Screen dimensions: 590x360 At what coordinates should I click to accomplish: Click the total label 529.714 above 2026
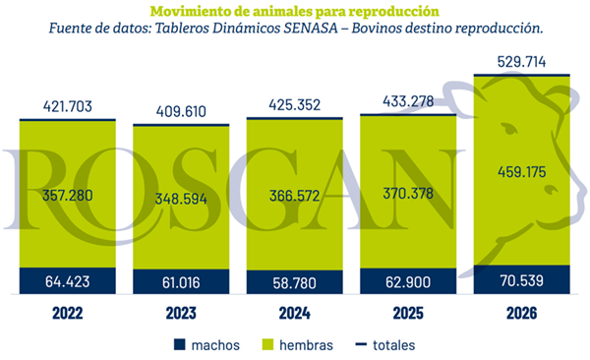(x=521, y=62)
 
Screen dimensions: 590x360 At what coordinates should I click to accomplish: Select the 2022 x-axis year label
(x=67, y=314)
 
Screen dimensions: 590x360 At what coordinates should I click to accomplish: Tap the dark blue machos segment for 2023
(x=181, y=281)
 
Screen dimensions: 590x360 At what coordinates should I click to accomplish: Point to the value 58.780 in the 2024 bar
(x=295, y=283)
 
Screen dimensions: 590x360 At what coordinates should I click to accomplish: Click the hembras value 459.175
(x=521, y=172)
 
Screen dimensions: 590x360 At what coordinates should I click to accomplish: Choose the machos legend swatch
(x=180, y=344)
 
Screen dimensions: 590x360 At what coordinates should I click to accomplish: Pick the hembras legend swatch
(x=267, y=344)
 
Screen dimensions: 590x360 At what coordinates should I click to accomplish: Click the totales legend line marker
(x=361, y=344)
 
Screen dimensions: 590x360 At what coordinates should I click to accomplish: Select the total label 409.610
(x=181, y=111)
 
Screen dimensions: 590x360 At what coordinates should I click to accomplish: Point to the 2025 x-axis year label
(x=408, y=314)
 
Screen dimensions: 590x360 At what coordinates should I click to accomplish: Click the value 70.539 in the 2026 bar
(x=521, y=281)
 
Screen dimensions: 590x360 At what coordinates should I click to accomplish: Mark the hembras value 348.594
(x=181, y=199)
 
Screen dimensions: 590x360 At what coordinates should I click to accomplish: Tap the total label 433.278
(x=408, y=101)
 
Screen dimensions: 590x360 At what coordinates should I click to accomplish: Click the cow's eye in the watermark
(x=509, y=129)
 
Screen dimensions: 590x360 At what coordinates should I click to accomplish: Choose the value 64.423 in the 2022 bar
(x=67, y=281)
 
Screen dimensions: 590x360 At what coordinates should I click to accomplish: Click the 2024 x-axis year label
(x=295, y=314)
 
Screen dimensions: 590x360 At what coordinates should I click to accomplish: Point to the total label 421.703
(x=67, y=106)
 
